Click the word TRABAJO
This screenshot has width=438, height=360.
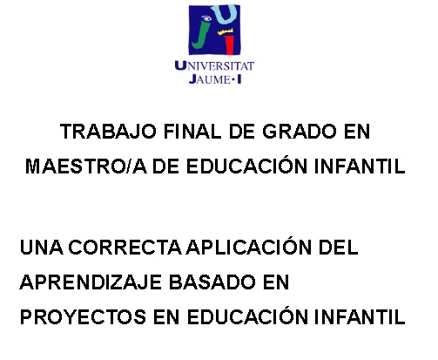pos(108,132)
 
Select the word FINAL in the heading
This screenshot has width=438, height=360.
pos(192,132)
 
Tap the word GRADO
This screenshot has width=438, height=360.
pos(300,132)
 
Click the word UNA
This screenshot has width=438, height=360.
pos(41,248)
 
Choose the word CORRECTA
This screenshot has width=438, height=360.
pos(125,248)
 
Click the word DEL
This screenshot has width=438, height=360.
pos(339,248)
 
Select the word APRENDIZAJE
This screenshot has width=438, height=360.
pos(91,282)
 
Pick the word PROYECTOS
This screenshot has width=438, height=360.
pos(83,316)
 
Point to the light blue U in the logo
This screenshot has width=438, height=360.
pos(228,14)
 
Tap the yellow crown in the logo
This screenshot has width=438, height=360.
pos(226,31)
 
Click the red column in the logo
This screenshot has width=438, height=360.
pos(230,44)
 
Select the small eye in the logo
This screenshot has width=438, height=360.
pos(206,18)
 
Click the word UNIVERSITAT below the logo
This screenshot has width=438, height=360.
pos(214,66)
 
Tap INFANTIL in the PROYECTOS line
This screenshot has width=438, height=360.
pos(360,316)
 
